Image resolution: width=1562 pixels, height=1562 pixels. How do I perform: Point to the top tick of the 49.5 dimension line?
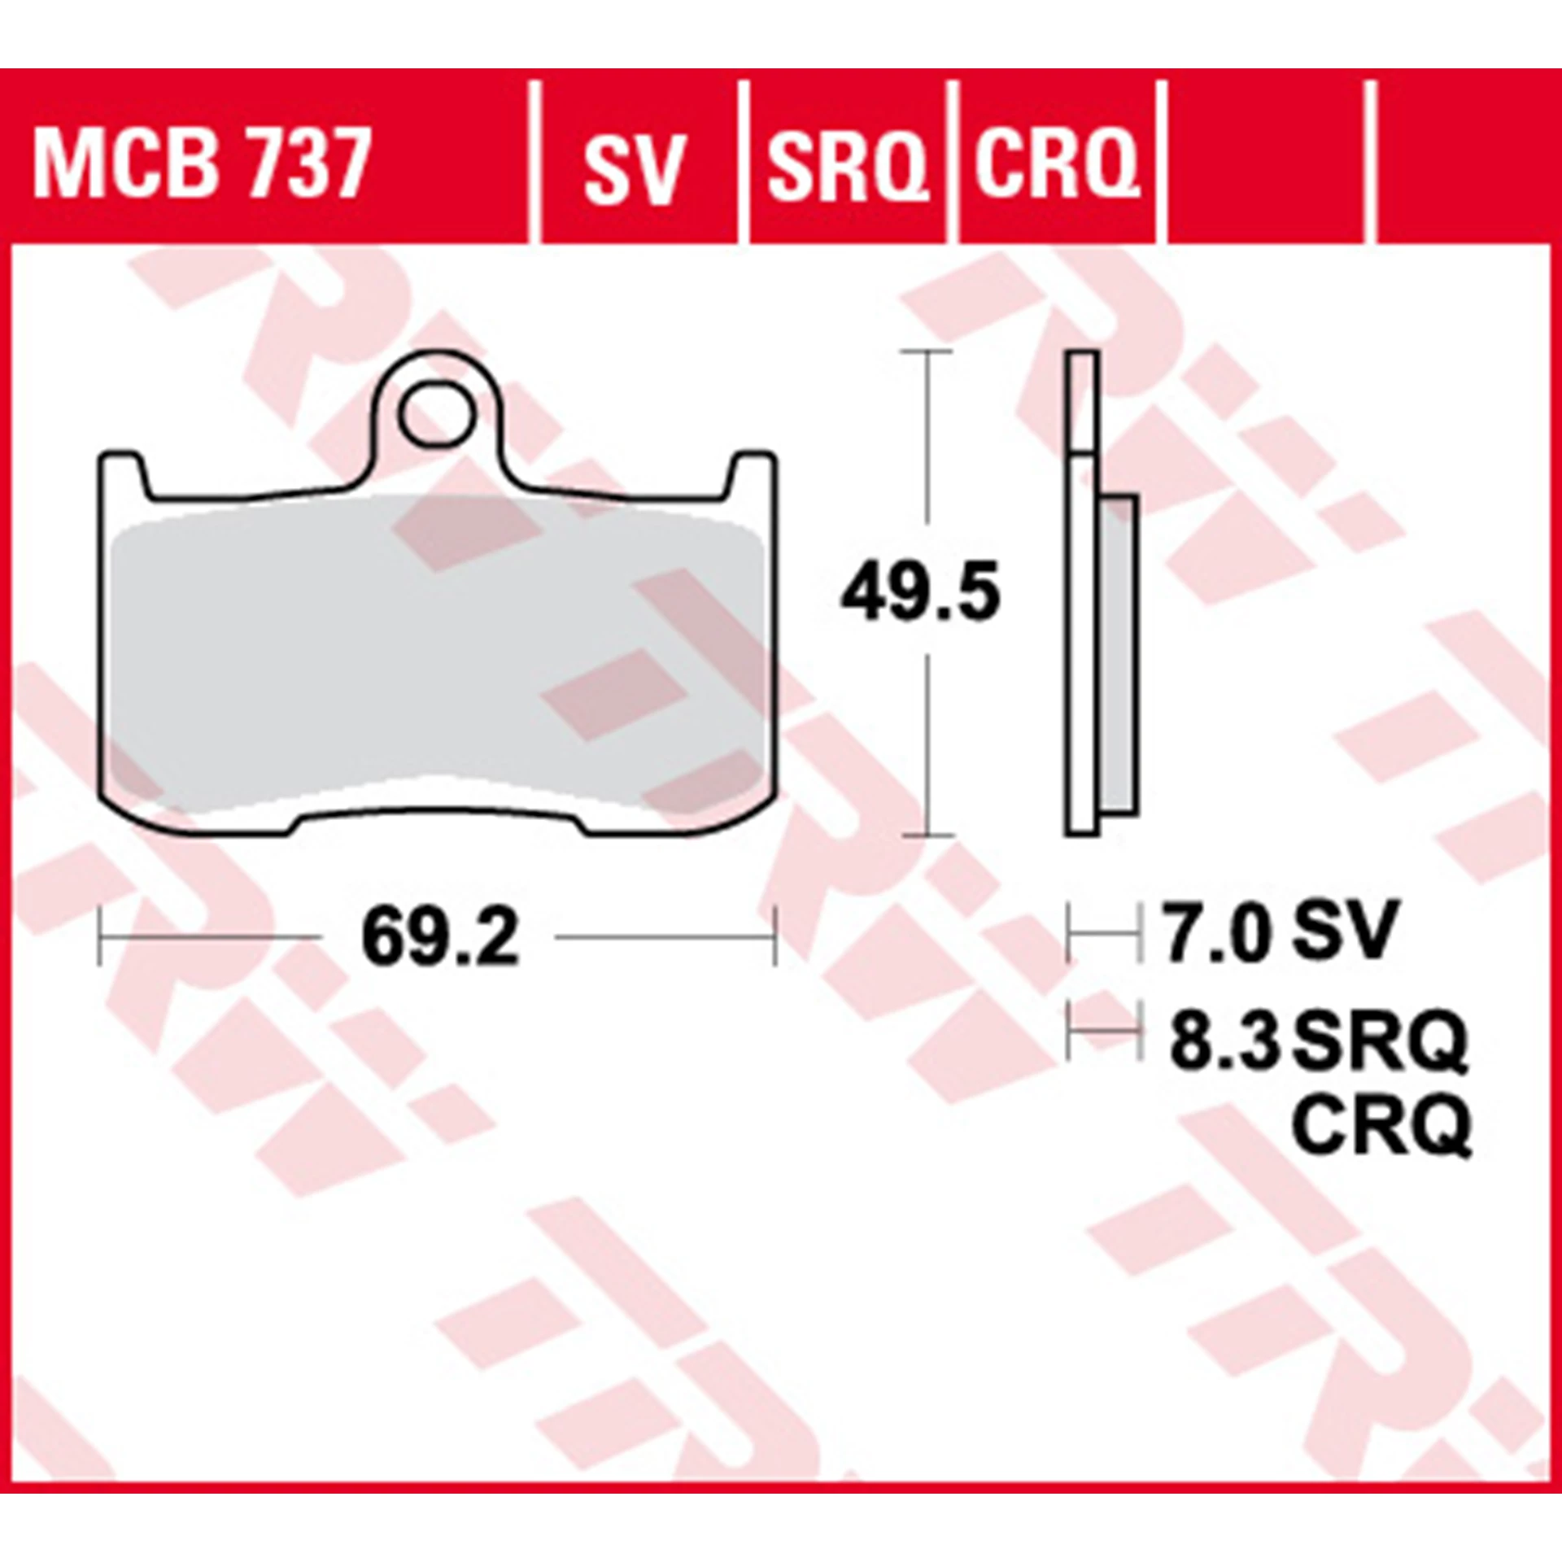point(927,351)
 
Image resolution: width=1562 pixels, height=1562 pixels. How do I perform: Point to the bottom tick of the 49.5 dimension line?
point(927,836)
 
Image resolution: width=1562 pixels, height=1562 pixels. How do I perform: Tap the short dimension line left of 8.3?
point(1103,1032)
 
